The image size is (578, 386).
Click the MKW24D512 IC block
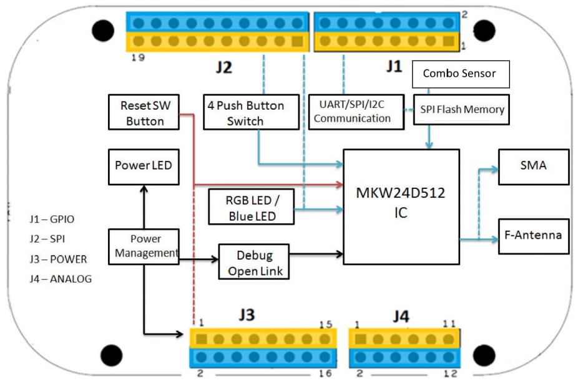[401, 206]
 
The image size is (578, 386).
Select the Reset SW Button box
[144, 112]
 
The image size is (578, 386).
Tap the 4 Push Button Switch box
[251, 112]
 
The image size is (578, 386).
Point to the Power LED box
[143, 166]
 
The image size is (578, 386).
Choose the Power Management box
[144, 246]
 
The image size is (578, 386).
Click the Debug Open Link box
[254, 261]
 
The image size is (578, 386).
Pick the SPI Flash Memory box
[462, 110]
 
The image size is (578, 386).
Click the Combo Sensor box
[460, 74]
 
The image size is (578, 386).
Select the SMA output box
[533, 166]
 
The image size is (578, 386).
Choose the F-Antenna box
[533, 236]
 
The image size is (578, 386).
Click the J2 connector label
[223, 67]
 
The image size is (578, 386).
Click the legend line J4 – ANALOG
[60, 279]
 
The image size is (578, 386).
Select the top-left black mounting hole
[103, 31]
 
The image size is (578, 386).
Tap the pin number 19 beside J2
[139, 58]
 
